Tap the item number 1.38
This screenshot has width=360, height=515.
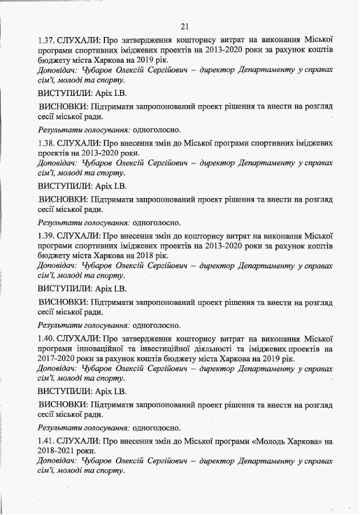tap(46, 143)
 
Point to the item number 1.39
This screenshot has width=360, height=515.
tap(46, 235)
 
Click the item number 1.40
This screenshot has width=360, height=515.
tap(46, 337)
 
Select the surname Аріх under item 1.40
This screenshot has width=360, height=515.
tap(102, 392)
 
